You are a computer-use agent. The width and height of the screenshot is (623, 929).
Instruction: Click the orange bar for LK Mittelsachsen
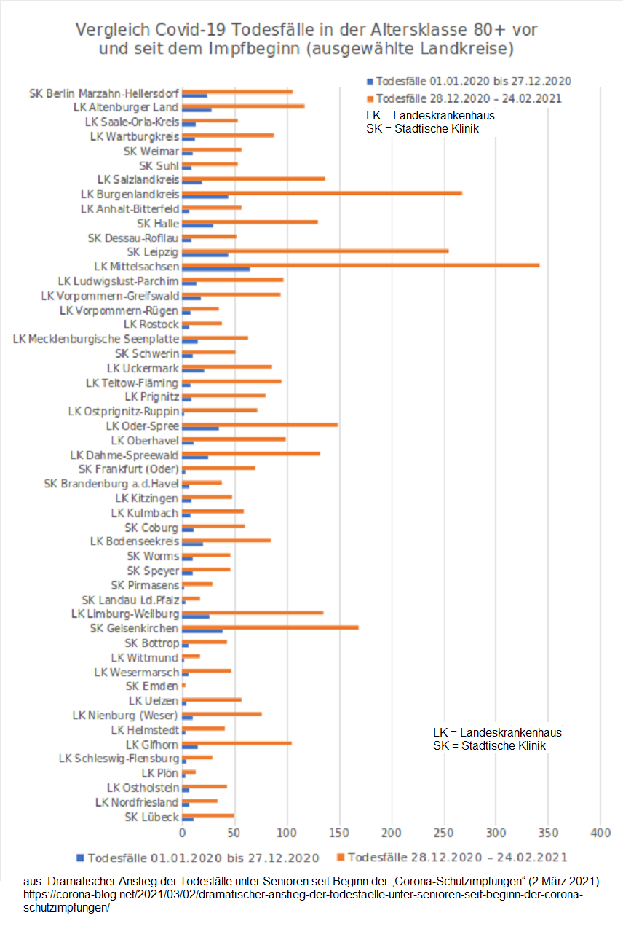coord(360,265)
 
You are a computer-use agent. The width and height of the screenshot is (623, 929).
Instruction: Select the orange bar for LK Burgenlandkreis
coord(322,193)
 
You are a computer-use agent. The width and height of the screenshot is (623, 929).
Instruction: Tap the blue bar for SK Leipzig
coord(205,254)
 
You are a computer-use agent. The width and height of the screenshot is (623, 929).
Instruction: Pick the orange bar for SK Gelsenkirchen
coord(270,627)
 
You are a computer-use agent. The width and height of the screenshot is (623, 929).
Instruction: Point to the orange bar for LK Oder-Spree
coord(260,424)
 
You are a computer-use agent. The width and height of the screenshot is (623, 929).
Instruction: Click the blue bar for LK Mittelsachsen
coord(215,269)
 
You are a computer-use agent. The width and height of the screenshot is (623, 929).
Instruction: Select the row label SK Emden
coord(152,686)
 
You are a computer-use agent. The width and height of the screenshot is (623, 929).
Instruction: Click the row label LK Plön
coord(159,773)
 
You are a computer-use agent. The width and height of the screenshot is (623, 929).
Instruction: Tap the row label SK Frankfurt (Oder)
coord(128,469)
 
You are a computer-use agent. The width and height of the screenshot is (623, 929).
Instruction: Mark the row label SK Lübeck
coord(151,817)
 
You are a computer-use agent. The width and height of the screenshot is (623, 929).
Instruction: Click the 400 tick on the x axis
coord(600,832)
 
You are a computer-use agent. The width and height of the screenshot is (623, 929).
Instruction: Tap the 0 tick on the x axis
coord(182,832)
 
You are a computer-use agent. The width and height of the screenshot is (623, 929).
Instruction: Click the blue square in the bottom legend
coord(79,857)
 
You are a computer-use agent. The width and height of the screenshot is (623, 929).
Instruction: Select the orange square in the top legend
coord(370,98)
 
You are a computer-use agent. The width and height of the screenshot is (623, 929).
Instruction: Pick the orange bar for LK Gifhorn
coord(237,742)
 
